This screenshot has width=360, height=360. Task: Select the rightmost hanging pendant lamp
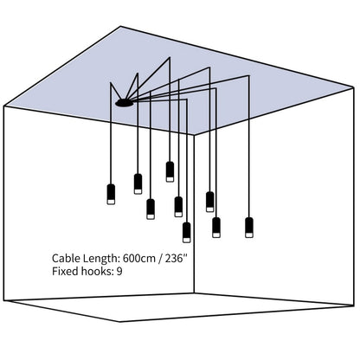249,227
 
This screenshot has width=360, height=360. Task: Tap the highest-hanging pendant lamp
170,170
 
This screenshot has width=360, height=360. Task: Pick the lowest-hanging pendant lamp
187,232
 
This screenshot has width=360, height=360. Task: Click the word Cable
67,258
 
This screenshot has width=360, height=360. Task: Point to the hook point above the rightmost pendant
249,76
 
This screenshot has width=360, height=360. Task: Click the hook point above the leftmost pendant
110,84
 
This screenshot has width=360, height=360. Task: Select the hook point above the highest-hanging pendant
170,56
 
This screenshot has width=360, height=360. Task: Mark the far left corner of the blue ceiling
4,106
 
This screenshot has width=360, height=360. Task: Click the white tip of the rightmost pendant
249,235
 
